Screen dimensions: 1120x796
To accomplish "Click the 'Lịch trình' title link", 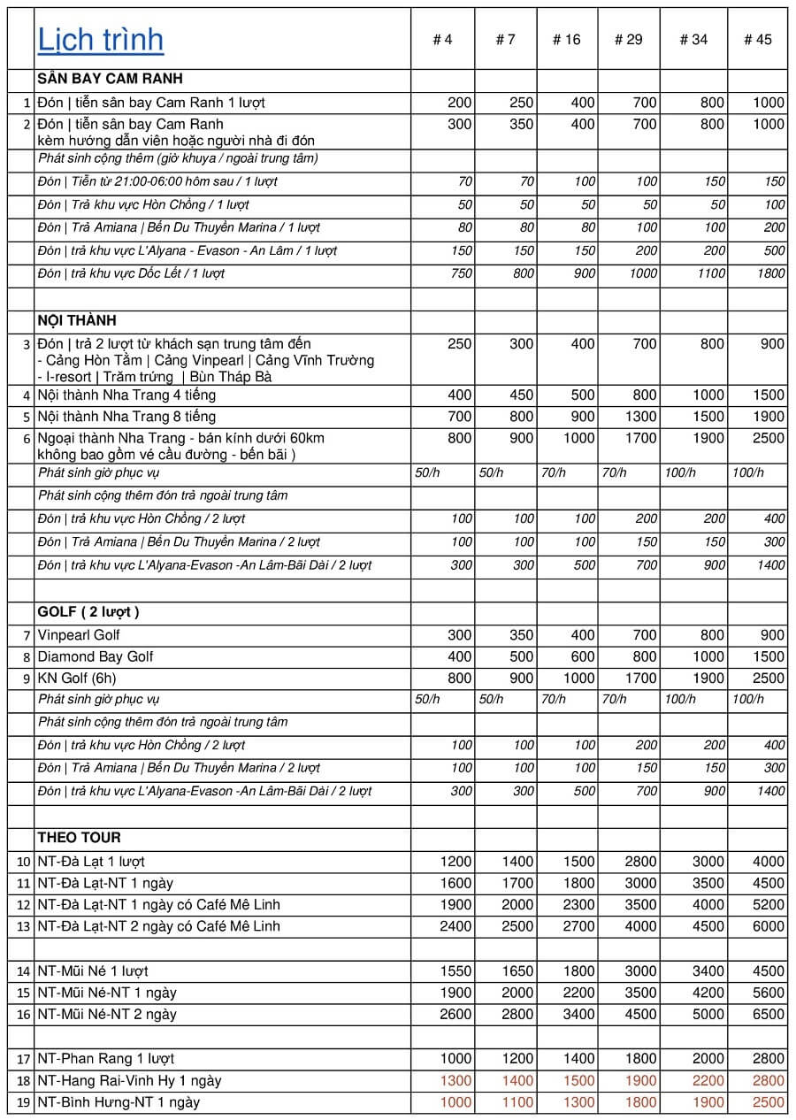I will pos(100,40).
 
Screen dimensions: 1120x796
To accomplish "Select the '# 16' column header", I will pos(566,40).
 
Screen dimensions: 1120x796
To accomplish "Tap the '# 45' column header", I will pos(757,40).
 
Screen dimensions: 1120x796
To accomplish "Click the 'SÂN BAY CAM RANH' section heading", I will pos(110,80).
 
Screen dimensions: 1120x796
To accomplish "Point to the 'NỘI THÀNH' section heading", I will pos(77,320).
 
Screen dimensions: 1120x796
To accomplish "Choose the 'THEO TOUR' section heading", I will pos(79,838).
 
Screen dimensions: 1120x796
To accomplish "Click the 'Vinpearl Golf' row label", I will pos(79,634).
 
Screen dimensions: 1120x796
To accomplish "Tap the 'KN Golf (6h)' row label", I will pos(77,679).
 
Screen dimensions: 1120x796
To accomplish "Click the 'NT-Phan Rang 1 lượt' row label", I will pos(105,1058).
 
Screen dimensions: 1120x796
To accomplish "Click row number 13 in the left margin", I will pos(24,926).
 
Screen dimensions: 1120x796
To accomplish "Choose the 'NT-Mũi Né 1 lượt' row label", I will pos(93,970).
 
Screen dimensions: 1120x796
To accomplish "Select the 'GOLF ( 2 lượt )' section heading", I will pos(88,612).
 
